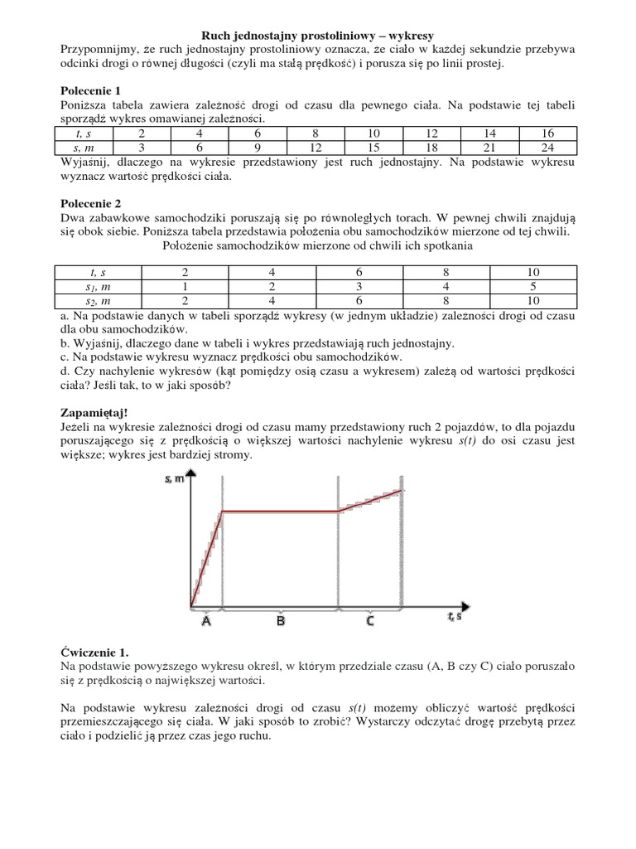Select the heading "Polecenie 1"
click(x=91, y=90)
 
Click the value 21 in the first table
click(x=489, y=147)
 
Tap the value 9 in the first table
click(x=258, y=147)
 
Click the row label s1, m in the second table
click(x=98, y=286)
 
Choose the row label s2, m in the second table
click(x=98, y=300)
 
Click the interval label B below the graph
click(x=281, y=620)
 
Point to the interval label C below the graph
click(x=369, y=620)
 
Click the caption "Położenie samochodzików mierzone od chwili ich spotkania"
click(x=318, y=246)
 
